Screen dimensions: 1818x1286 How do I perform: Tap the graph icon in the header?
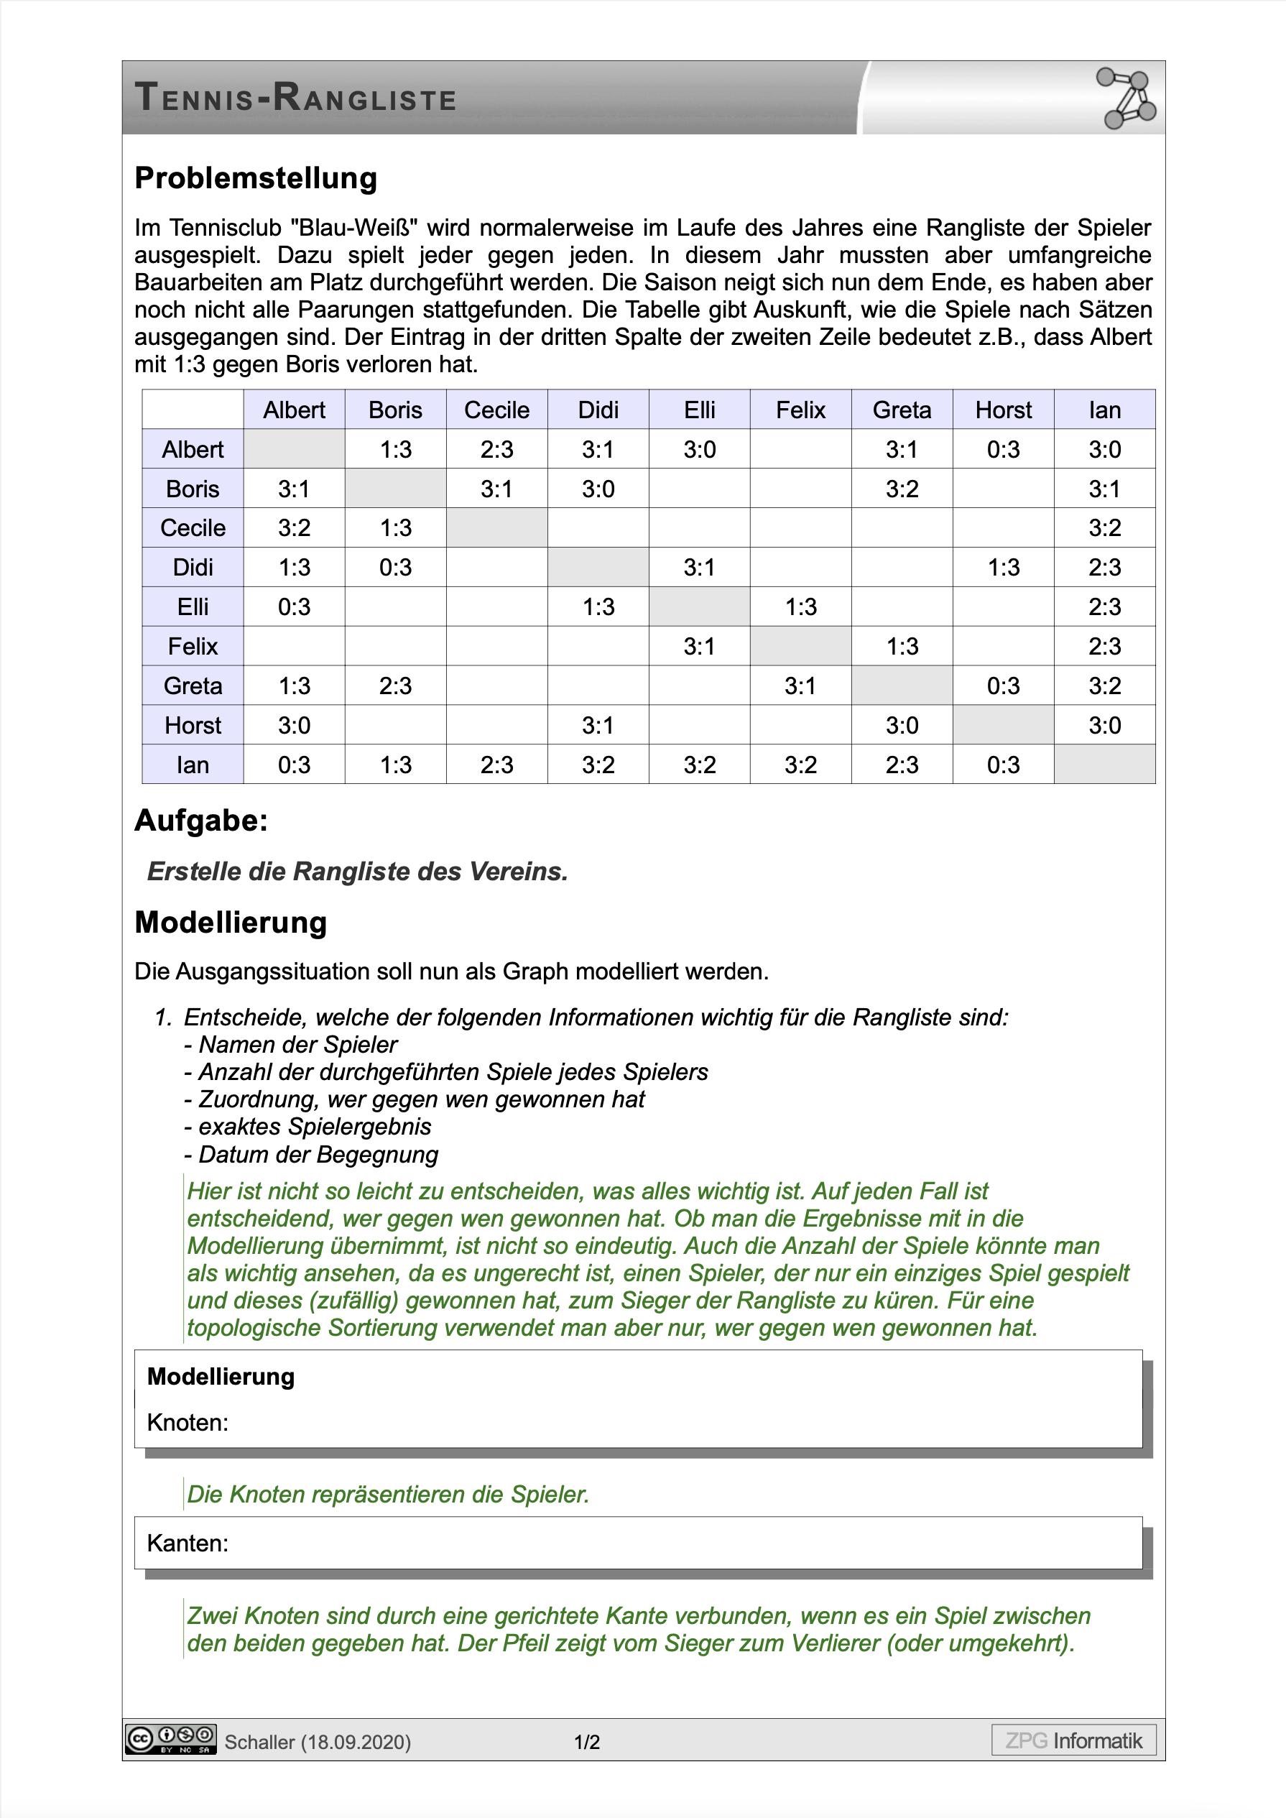point(1125,98)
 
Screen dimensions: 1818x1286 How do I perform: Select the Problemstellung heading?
point(256,178)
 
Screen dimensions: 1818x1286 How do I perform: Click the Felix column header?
point(800,410)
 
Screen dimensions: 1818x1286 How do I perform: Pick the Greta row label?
point(193,686)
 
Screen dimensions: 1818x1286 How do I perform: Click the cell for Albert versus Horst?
point(1004,450)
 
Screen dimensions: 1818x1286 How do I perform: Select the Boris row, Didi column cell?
point(598,489)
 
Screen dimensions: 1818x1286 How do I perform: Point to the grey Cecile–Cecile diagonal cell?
point(496,528)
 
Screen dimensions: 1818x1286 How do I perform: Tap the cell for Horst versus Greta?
point(902,725)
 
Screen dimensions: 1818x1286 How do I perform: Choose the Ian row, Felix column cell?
point(800,765)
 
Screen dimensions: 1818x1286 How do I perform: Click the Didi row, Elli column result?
point(699,568)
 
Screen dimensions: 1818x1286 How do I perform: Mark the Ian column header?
point(1105,410)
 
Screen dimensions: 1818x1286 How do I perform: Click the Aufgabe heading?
point(201,821)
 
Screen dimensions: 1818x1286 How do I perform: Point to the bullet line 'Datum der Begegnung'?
point(318,1155)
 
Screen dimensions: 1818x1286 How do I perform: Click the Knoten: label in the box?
point(188,1423)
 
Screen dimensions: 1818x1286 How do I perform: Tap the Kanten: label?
point(188,1544)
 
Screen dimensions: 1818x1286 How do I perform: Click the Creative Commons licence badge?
point(171,1740)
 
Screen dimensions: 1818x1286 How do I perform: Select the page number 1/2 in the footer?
point(587,1742)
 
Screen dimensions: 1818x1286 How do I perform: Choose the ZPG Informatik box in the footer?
point(1073,1740)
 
